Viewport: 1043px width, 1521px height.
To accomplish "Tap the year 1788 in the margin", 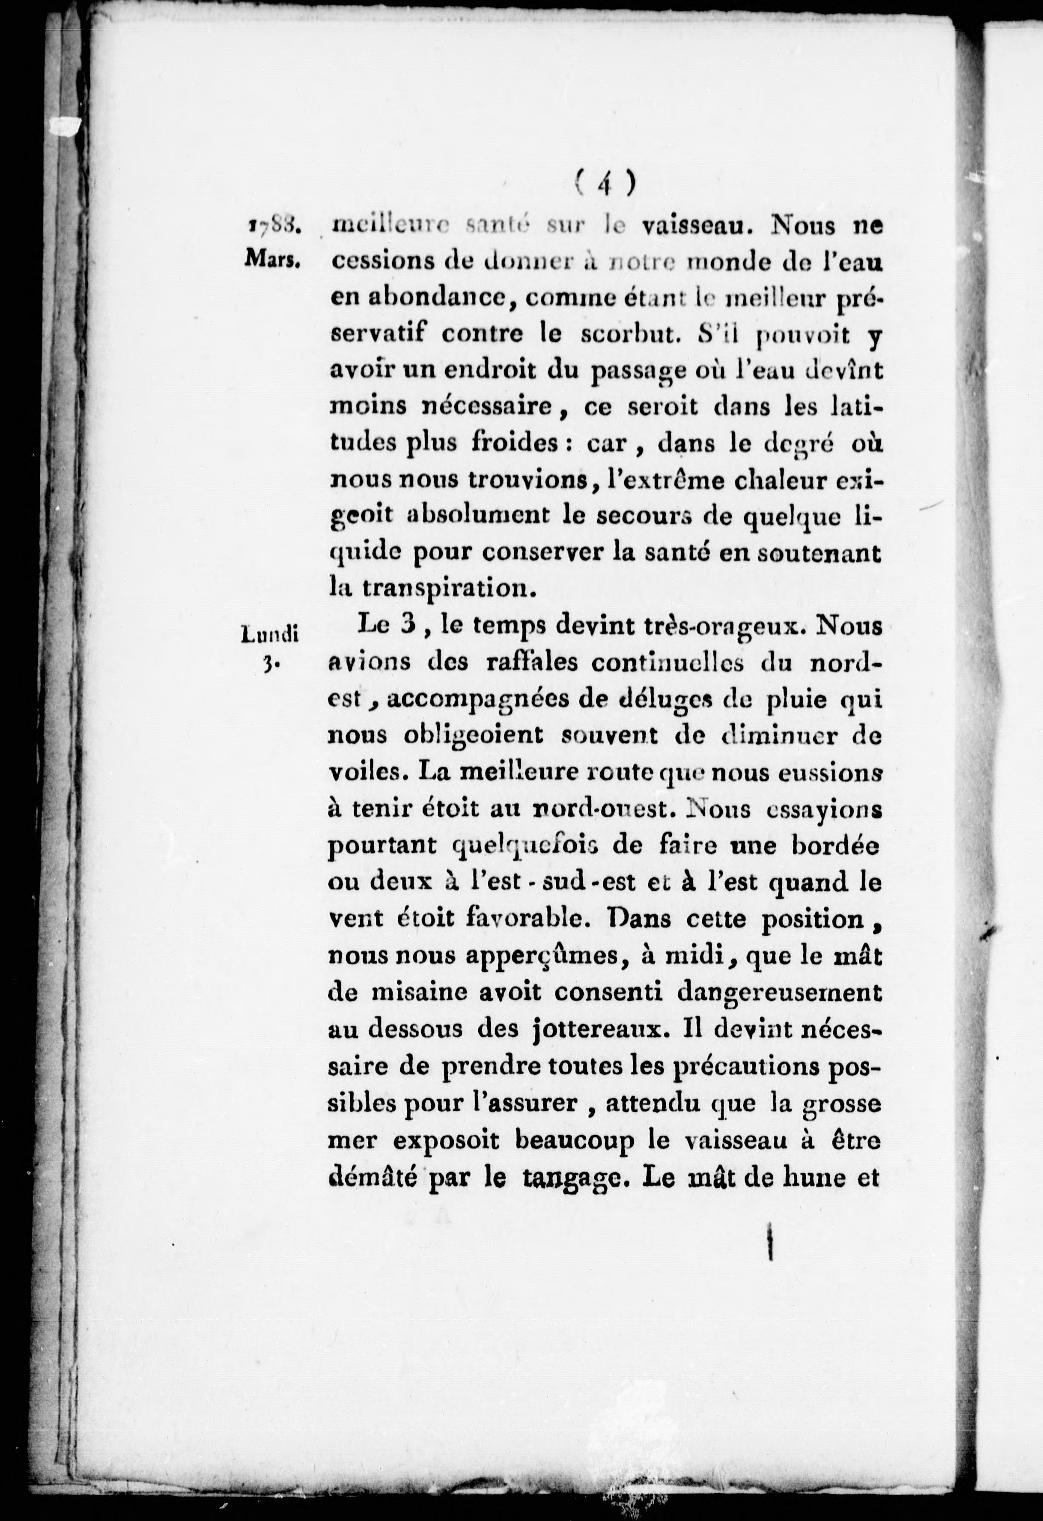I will (274, 226).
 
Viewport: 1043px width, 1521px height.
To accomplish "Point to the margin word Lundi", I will (270, 633).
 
